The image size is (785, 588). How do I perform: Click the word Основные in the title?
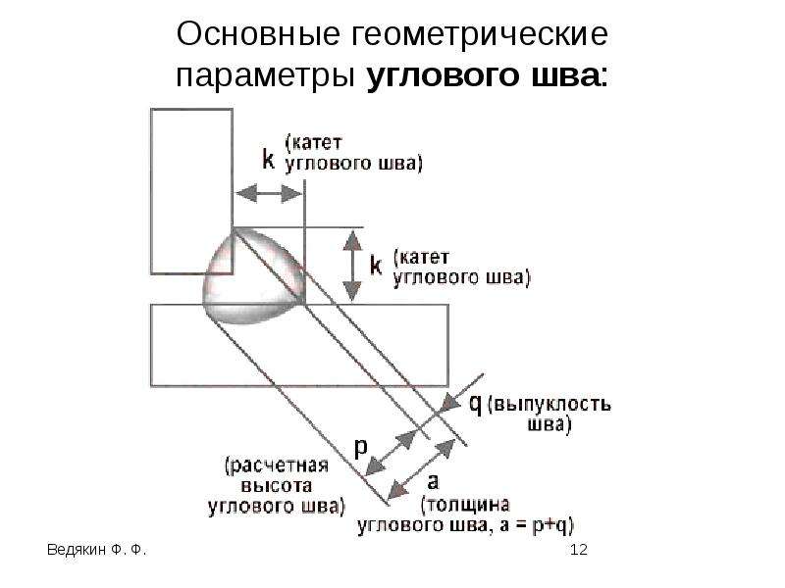(258, 34)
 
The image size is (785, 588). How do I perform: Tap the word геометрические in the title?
(479, 35)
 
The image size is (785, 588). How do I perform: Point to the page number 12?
(578, 550)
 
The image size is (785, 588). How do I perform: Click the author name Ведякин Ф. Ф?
(96, 550)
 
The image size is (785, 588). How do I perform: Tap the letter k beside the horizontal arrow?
(268, 160)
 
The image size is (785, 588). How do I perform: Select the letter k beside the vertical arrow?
(376, 264)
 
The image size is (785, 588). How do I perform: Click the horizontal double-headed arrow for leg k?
(268, 193)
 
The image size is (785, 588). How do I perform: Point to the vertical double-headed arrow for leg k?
(353, 266)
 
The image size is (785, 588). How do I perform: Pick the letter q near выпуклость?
(475, 404)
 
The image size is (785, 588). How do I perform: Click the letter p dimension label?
(360, 447)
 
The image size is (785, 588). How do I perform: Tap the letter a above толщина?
(433, 482)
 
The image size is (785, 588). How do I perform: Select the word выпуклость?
(549, 404)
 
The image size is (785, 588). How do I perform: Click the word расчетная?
(277, 466)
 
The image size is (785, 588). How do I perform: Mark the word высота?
(277, 486)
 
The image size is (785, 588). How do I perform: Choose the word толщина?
(465, 505)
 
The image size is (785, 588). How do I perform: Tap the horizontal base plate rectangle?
(299, 346)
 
